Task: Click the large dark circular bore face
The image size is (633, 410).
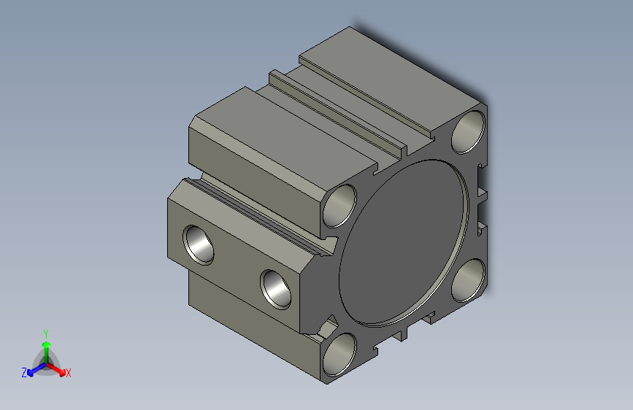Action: pyautogui.click(x=404, y=243)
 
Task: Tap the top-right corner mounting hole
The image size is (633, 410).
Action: pyautogui.click(x=468, y=131)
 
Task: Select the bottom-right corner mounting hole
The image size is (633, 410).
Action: pyautogui.click(x=468, y=280)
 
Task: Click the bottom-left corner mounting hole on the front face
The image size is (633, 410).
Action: pyautogui.click(x=339, y=355)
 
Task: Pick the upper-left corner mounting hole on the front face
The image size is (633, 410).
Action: pyautogui.click(x=340, y=206)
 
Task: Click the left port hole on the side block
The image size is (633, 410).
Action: pyautogui.click(x=198, y=245)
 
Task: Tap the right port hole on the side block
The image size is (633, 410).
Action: pyautogui.click(x=276, y=290)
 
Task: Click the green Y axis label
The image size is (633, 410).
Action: pyautogui.click(x=46, y=334)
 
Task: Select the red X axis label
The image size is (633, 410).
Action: pyautogui.click(x=68, y=373)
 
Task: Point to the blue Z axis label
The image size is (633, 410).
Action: pyautogui.click(x=24, y=373)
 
